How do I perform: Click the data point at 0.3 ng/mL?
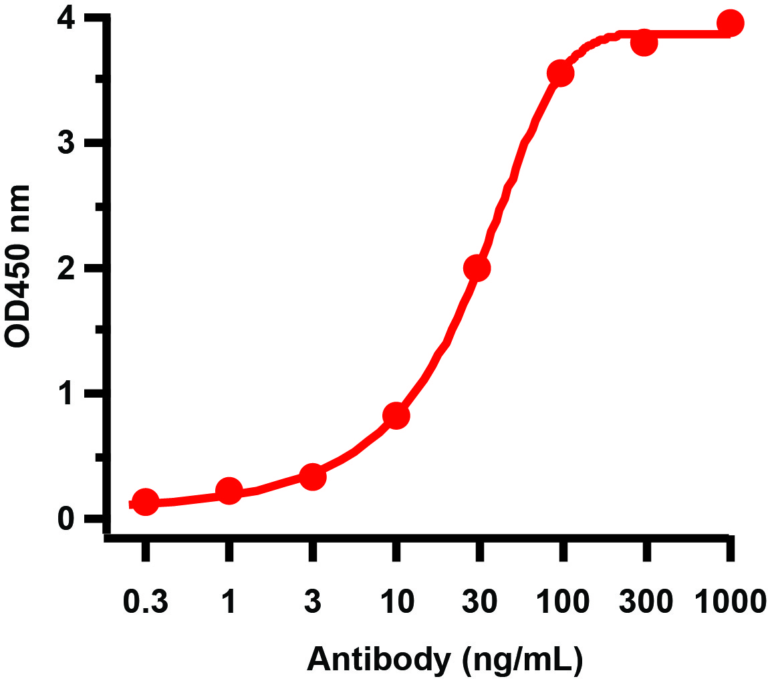[x=146, y=503]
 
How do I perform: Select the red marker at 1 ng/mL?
[x=229, y=492]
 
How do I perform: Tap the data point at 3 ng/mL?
[x=313, y=477]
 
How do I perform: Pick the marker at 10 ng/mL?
[x=396, y=416]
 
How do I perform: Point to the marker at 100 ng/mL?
[x=560, y=73]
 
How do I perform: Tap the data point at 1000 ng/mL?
[x=730, y=23]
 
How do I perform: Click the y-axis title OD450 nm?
[x=19, y=266]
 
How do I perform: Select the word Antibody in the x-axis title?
[x=377, y=659]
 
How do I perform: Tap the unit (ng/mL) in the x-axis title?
[x=522, y=660]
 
